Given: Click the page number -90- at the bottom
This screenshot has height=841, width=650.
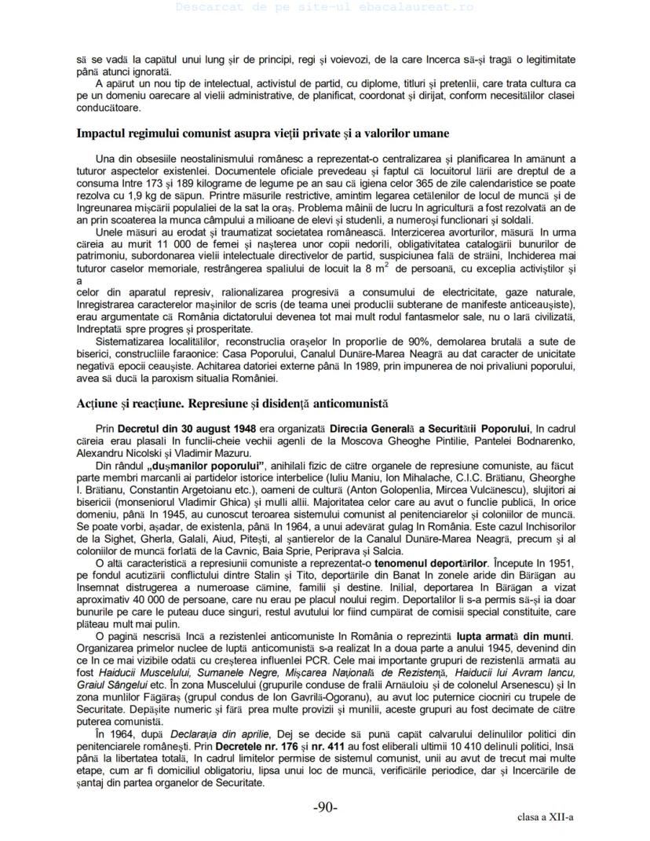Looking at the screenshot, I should [x=325, y=807].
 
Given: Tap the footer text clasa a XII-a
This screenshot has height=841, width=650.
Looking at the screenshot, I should [x=546, y=817].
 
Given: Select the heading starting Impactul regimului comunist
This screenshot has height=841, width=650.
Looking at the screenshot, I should [x=262, y=133].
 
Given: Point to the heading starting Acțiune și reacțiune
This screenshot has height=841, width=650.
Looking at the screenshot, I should [x=232, y=405].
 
